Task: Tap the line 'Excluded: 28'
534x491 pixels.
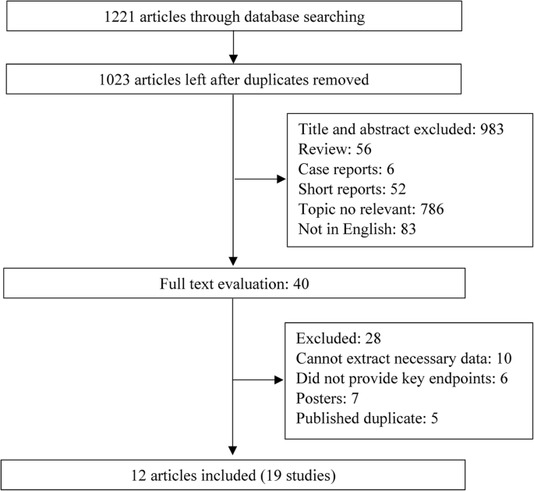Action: point(335,340)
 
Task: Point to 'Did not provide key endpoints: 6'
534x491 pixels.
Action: point(390,380)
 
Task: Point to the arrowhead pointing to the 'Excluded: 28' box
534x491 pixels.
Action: point(280,381)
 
